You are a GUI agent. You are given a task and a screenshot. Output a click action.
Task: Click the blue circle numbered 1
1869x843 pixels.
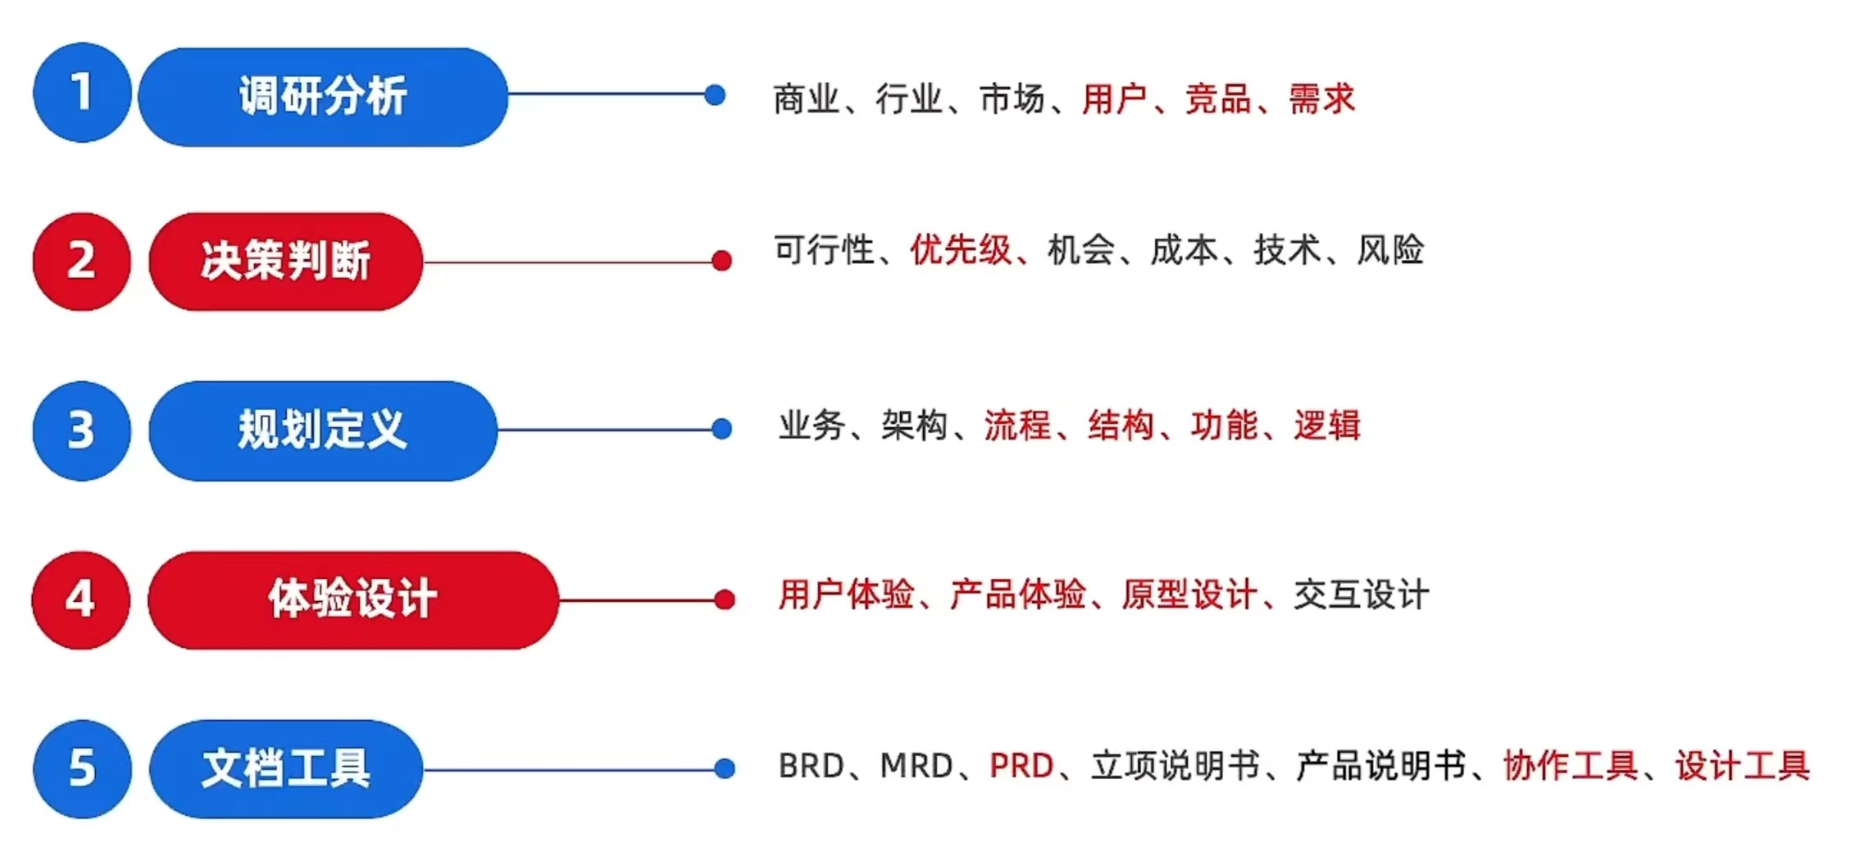(82, 93)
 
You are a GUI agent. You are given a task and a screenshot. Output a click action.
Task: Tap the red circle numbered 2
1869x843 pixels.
(82, 262)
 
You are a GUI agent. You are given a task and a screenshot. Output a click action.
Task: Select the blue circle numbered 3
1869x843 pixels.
(82, 431)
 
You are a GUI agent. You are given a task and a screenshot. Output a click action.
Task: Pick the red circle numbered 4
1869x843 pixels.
(81, 599)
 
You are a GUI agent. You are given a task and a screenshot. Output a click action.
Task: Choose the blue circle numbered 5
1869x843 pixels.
(82, 768)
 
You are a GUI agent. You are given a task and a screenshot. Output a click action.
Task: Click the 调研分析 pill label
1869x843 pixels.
(323, 97)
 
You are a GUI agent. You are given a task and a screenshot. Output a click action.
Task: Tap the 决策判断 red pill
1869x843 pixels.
(285, 262)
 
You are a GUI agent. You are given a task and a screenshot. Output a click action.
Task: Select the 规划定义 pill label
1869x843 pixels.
(323, 431)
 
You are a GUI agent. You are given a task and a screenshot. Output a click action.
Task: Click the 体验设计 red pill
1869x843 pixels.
(352, 599)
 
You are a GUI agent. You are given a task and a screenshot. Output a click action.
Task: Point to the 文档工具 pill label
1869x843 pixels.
(285, 768)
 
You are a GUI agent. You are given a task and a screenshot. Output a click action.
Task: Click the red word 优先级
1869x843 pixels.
(961, 250)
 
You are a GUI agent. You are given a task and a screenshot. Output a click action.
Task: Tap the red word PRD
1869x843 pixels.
(1021, 766)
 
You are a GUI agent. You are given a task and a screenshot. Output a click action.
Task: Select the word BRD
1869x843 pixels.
(811, 766)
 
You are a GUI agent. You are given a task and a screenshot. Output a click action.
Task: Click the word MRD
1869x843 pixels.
(916, 766)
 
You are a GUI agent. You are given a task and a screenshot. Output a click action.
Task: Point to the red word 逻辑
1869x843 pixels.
(1327, 426)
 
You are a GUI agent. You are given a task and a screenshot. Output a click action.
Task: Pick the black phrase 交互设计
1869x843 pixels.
(1362, 595)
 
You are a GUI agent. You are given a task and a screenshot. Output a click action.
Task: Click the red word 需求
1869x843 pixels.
(1321, 99)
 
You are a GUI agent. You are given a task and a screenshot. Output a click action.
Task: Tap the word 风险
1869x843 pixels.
(1390, 250)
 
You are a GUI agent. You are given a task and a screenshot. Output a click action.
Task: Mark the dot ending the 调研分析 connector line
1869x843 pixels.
(715, 95)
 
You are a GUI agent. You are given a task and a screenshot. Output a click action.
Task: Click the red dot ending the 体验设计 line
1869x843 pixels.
(725, 599)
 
